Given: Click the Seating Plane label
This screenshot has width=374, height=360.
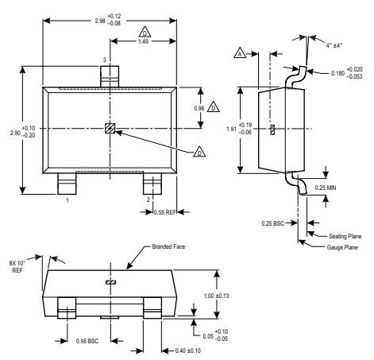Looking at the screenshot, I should tap(344, 236).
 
